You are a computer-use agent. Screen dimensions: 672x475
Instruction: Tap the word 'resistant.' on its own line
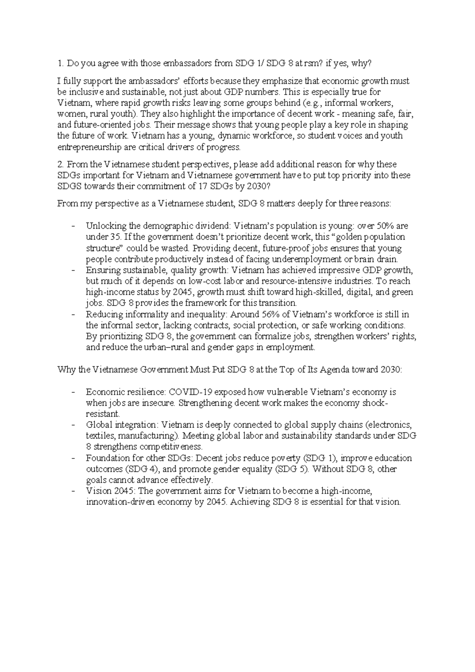tap(103, 414)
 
